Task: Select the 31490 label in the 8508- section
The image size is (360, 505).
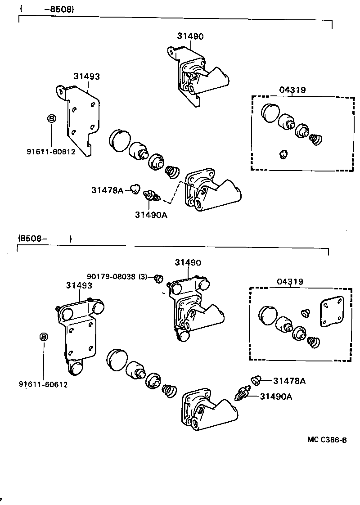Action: (x=188, y=262)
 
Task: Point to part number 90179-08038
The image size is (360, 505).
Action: (x=111, y=276)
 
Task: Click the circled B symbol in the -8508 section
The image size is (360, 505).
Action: (x=51, y=119)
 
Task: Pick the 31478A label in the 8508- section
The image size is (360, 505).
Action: (x=289, y=381)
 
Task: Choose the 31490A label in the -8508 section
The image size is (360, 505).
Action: (x=151, y=215)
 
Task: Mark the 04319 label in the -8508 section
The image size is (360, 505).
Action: (x=292, y=90)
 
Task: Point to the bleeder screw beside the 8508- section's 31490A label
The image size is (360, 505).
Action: (x=241, y=394)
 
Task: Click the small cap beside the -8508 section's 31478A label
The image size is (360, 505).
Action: (x=134, y=189)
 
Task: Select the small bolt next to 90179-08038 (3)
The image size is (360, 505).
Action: (x=157, y=279)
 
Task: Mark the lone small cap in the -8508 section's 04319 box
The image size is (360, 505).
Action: (x=283, y=154)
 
